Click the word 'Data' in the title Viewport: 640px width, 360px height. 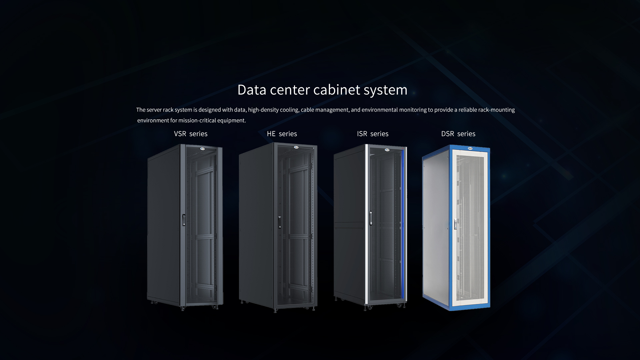click(252, 90)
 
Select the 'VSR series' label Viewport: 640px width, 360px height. click(191, 134)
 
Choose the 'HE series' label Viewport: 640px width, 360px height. click(282, 134)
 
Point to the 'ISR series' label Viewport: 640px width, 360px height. click(373, 134)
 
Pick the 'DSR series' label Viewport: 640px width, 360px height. click(458, 134)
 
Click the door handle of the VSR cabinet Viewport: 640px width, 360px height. click(184, 220)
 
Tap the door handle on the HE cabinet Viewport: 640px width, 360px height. click(280, 222)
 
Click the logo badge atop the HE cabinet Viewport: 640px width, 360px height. click(296, 147)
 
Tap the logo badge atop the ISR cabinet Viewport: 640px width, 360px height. click(387, 150)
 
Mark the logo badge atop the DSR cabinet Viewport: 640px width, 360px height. click(471, 149)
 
